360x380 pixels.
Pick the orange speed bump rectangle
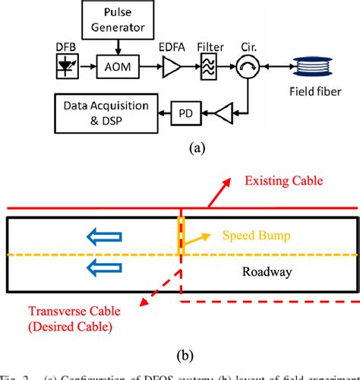[x=181, y=236]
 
